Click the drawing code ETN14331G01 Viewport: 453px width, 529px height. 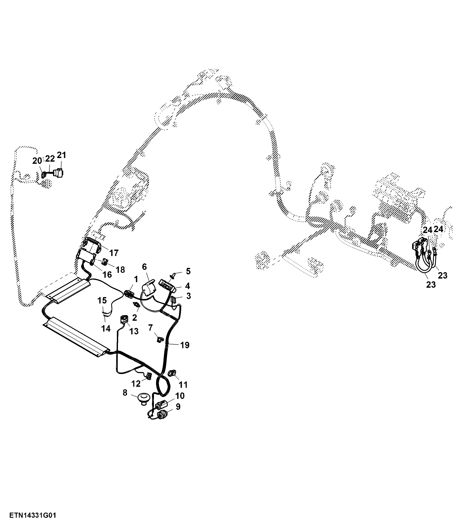tap(32, 515)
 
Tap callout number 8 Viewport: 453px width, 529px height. tap(125, 393)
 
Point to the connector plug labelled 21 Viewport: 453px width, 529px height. tap(59, 173)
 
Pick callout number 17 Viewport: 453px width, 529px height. tap(114, 253)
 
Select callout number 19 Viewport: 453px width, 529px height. tap(185, 345)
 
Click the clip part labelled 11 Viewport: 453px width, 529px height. tap(172, 373)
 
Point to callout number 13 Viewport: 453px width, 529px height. tap(134, 331)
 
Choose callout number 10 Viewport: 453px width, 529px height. tap(180, 396)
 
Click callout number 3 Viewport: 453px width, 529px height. tap(188, 296)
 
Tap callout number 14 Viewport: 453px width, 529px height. tap(106, 328)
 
